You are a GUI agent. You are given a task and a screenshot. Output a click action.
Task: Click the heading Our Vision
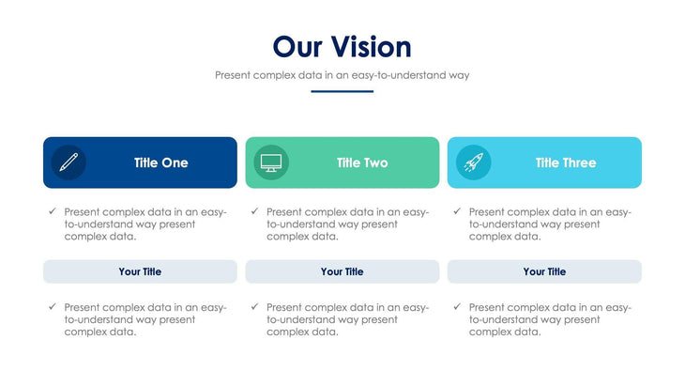(342, 47)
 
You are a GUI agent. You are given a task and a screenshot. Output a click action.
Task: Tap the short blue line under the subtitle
(342, 91)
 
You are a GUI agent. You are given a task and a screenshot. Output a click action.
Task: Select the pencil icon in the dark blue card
(68, 162)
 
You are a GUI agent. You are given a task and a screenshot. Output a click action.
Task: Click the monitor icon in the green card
(271, 162)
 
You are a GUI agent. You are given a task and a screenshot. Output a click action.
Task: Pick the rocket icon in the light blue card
(473, 162)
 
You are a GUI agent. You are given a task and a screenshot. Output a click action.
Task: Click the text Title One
(160, 162)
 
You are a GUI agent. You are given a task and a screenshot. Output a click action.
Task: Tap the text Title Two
(362, 162)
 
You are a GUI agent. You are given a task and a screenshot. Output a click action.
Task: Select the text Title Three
(566, 162)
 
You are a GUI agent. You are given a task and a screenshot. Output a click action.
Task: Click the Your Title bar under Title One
(140, 271)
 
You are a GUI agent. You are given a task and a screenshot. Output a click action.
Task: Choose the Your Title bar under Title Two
(342, 271)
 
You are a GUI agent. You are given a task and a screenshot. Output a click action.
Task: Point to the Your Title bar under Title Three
(544, 271)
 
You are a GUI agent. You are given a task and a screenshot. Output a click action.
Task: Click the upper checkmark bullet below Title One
(53, 211)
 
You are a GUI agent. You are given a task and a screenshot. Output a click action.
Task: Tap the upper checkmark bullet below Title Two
(254, 211)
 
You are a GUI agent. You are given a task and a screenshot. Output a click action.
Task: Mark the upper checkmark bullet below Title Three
(457, 211)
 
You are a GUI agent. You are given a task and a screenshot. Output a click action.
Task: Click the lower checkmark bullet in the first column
(53, 306)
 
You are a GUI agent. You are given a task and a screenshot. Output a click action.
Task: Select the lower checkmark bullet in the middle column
(254, 306)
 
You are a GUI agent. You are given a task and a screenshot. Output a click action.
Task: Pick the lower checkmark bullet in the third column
(457, 306)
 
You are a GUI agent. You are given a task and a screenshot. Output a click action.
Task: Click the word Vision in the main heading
(373, 47)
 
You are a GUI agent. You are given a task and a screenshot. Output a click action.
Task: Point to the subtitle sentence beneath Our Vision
(342, 74)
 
